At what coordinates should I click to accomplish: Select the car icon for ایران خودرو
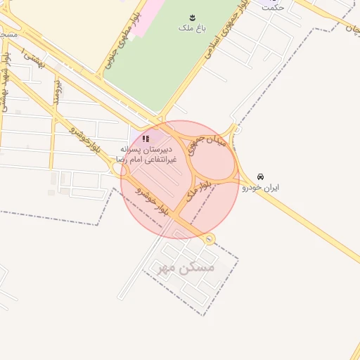261,176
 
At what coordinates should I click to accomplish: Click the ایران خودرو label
261,188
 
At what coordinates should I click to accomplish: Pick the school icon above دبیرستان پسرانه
146,139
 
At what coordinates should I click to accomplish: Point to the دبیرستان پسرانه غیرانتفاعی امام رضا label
148,155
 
